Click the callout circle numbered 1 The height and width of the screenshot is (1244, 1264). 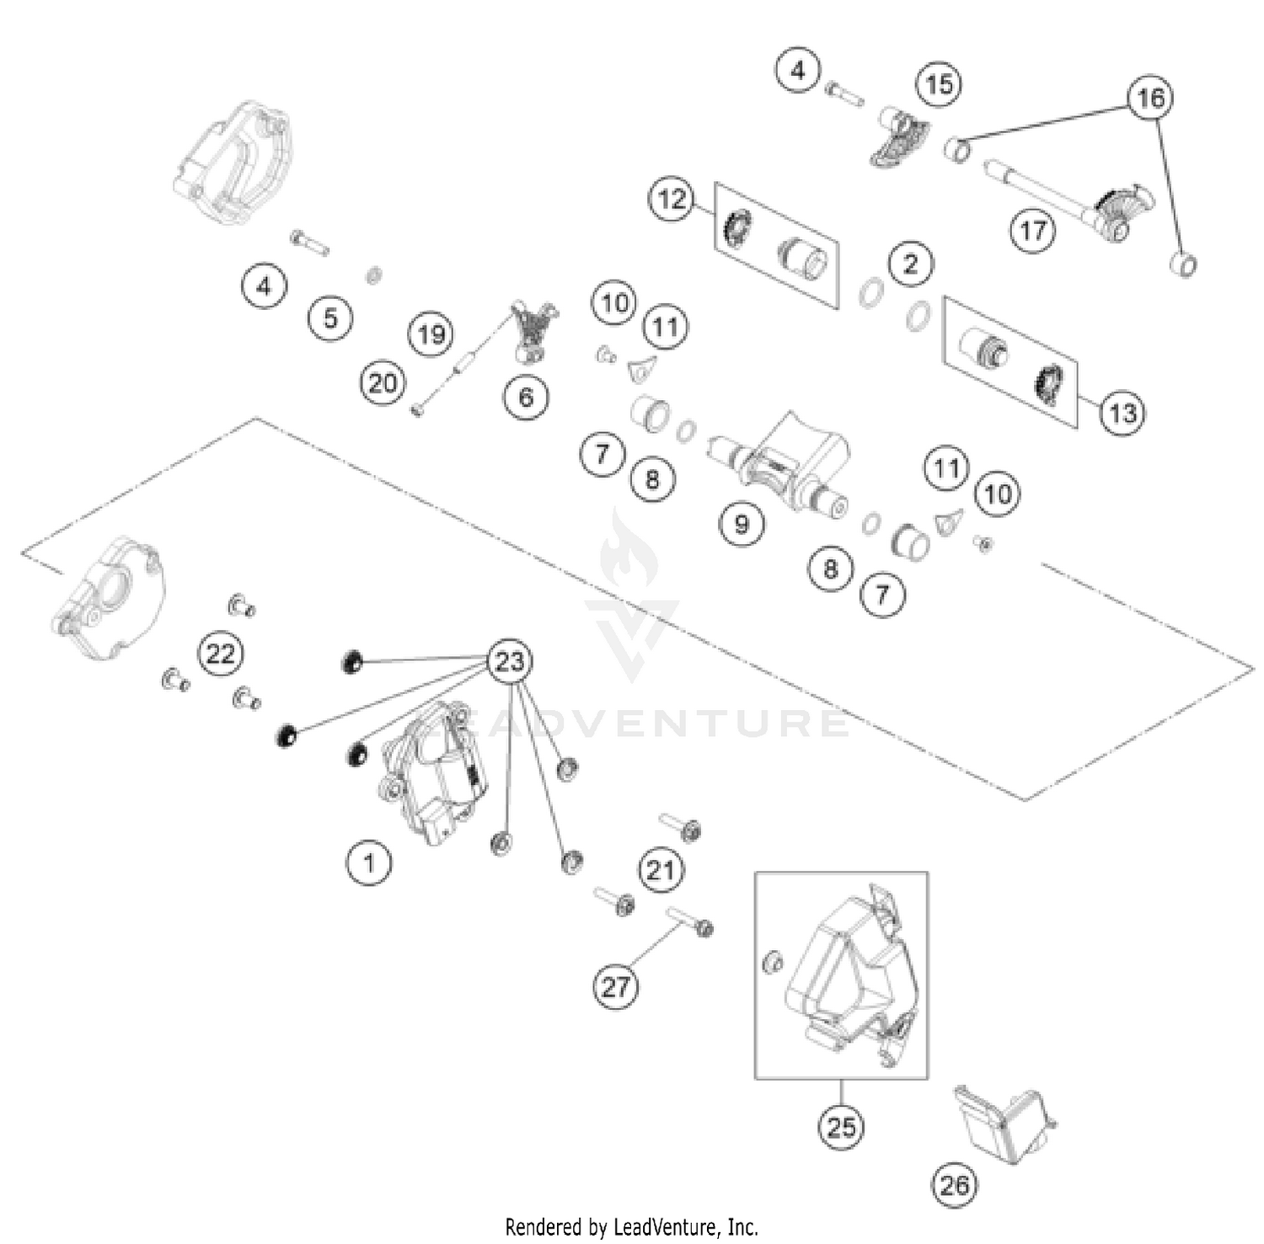(368, 862)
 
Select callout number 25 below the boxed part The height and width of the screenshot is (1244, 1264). (841, 1126)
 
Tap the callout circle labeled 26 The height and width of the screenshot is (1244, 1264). (954, 1185)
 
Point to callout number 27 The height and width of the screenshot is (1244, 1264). (615, 985)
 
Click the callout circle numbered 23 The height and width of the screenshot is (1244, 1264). (510, 661)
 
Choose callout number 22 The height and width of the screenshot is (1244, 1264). (220, 653)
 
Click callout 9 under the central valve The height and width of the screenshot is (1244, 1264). (742, 524)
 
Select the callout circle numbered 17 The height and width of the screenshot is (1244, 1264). (1033, 229)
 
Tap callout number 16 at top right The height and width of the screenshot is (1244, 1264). (1150, 99)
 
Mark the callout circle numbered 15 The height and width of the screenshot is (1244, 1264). (939, 83)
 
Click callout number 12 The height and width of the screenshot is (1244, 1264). (672, 200)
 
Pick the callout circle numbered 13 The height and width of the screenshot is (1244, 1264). (1122, 413)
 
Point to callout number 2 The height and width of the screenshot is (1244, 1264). (910, 264)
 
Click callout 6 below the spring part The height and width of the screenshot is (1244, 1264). (527, 396)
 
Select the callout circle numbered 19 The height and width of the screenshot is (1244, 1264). (431, 334)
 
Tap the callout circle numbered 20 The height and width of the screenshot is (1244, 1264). (383, 383)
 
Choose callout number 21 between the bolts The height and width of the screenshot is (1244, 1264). (660, 868)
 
